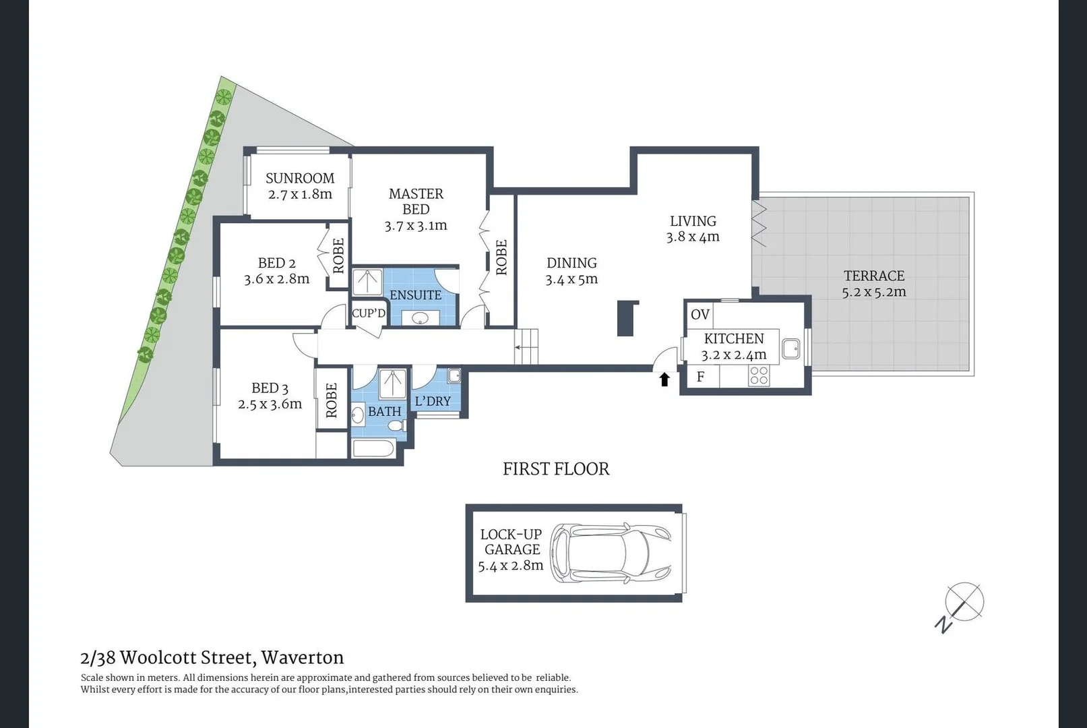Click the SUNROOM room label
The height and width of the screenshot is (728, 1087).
click(300, 178)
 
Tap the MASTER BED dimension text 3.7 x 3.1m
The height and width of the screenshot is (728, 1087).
click(416, 226)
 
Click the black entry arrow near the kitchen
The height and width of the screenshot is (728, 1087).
click(664, 380)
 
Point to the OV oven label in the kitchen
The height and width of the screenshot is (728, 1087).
click(700, 315)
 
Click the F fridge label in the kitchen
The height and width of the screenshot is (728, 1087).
click(700, 377)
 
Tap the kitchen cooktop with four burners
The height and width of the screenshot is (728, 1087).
click(759, 375)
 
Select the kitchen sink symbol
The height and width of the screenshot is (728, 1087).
click(791, 349)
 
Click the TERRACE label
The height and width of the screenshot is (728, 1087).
click(874, 276)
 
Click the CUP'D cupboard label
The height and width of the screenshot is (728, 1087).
click(369, 313)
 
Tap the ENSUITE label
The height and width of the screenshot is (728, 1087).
click(416, 295)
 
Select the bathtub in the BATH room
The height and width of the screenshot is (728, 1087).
click(373, 448)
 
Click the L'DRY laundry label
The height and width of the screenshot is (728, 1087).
click(433, 401)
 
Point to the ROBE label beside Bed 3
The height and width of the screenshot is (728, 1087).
click(332, 400)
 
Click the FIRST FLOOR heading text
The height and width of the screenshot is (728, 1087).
click(556, 469)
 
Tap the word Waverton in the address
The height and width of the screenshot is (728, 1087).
click(303, 658)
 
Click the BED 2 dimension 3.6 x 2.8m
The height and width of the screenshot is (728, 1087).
click(277, 279)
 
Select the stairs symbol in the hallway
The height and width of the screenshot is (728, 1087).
click(527, 346)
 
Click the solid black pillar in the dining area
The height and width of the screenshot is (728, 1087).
click(626, 318)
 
